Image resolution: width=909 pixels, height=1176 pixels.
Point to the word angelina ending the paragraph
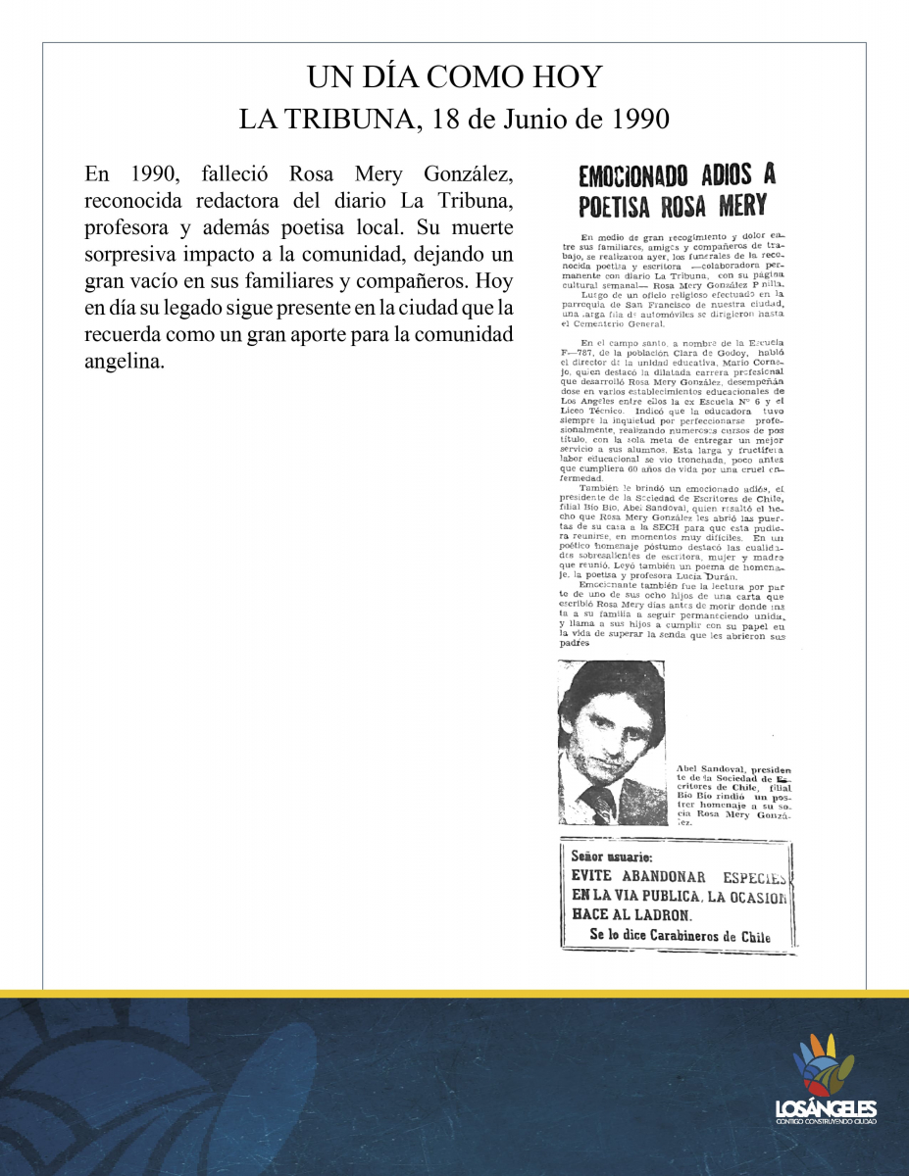pos(124,361)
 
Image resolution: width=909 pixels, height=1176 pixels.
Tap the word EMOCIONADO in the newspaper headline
pos(636,176)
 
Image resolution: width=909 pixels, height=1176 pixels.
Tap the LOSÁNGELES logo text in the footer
pos(825,1108)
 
